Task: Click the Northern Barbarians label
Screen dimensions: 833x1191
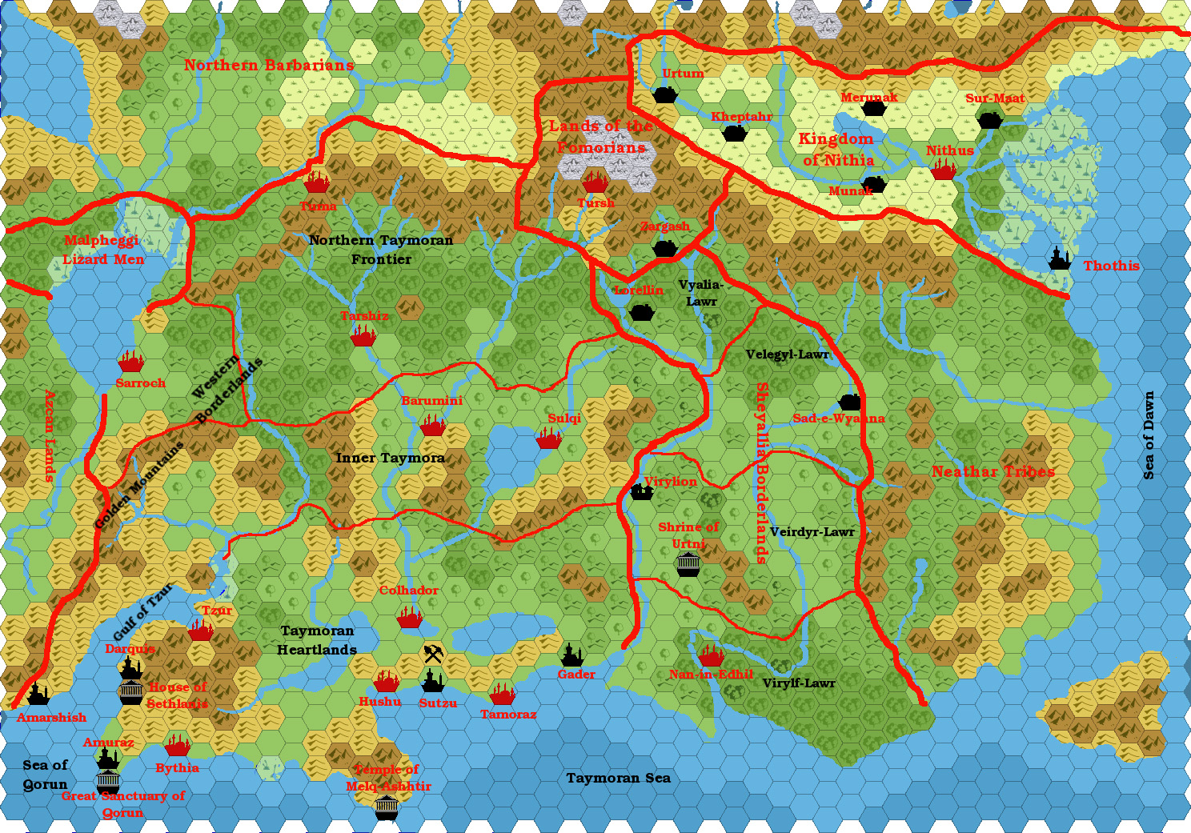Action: tap(269, 66)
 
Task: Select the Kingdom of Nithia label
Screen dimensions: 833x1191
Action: tap(836, 150)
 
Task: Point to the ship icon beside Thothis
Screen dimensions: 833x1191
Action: tap(1060, 258)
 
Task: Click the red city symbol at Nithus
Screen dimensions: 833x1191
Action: tap(944, 170)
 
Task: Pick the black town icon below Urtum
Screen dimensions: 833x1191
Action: tap(665, 94)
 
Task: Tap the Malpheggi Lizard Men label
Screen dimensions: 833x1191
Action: tap(103, 250)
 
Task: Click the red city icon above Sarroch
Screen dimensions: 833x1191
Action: tap(130, 362)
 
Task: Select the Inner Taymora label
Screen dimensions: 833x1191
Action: tap(390, 458)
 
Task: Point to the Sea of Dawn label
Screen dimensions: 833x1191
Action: tap(1149, 435)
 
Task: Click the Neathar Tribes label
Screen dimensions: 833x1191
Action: tap(992, 472)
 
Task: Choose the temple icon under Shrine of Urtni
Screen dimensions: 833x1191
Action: tap(688, 565)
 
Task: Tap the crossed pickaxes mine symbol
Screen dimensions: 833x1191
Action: tap(433, 654)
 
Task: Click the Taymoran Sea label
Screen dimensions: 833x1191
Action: tap(618, 778)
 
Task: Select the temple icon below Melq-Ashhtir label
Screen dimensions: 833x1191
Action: tap(387, 807)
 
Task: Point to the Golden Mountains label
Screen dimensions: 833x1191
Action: tap(139, 485)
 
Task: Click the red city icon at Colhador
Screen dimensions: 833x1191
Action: tap(409, 618)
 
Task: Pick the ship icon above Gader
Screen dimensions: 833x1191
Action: tap(571, 655)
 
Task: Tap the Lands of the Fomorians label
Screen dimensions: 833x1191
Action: tap(601, 137)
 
